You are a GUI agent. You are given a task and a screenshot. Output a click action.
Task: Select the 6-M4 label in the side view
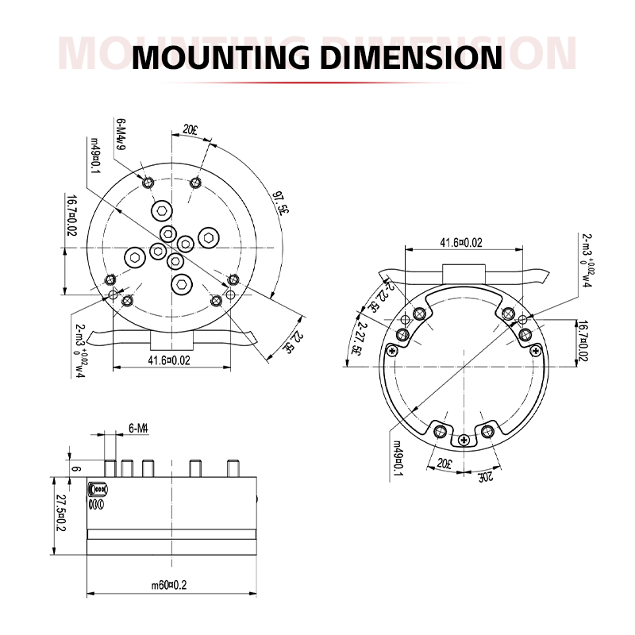[139, 428]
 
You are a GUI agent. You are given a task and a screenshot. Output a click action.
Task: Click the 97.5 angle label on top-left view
[280, 202]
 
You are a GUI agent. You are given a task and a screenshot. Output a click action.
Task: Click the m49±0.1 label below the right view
[398, 459]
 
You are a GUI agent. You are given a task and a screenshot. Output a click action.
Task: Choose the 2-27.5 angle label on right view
[359, 337]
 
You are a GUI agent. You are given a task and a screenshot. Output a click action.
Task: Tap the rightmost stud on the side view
[233, 468]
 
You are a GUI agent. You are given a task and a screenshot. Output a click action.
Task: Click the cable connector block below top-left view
[171, 340]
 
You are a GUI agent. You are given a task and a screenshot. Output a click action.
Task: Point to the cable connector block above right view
[462, 271]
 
